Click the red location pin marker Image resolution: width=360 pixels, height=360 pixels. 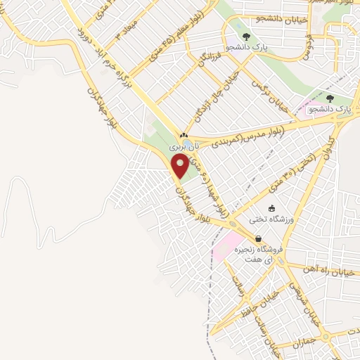pos(180,165)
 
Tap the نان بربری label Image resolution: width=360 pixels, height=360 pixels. pos(184,146)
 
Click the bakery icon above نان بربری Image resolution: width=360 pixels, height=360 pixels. pos(184,136)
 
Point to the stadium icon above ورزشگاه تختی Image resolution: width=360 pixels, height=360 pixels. pos(273,208)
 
